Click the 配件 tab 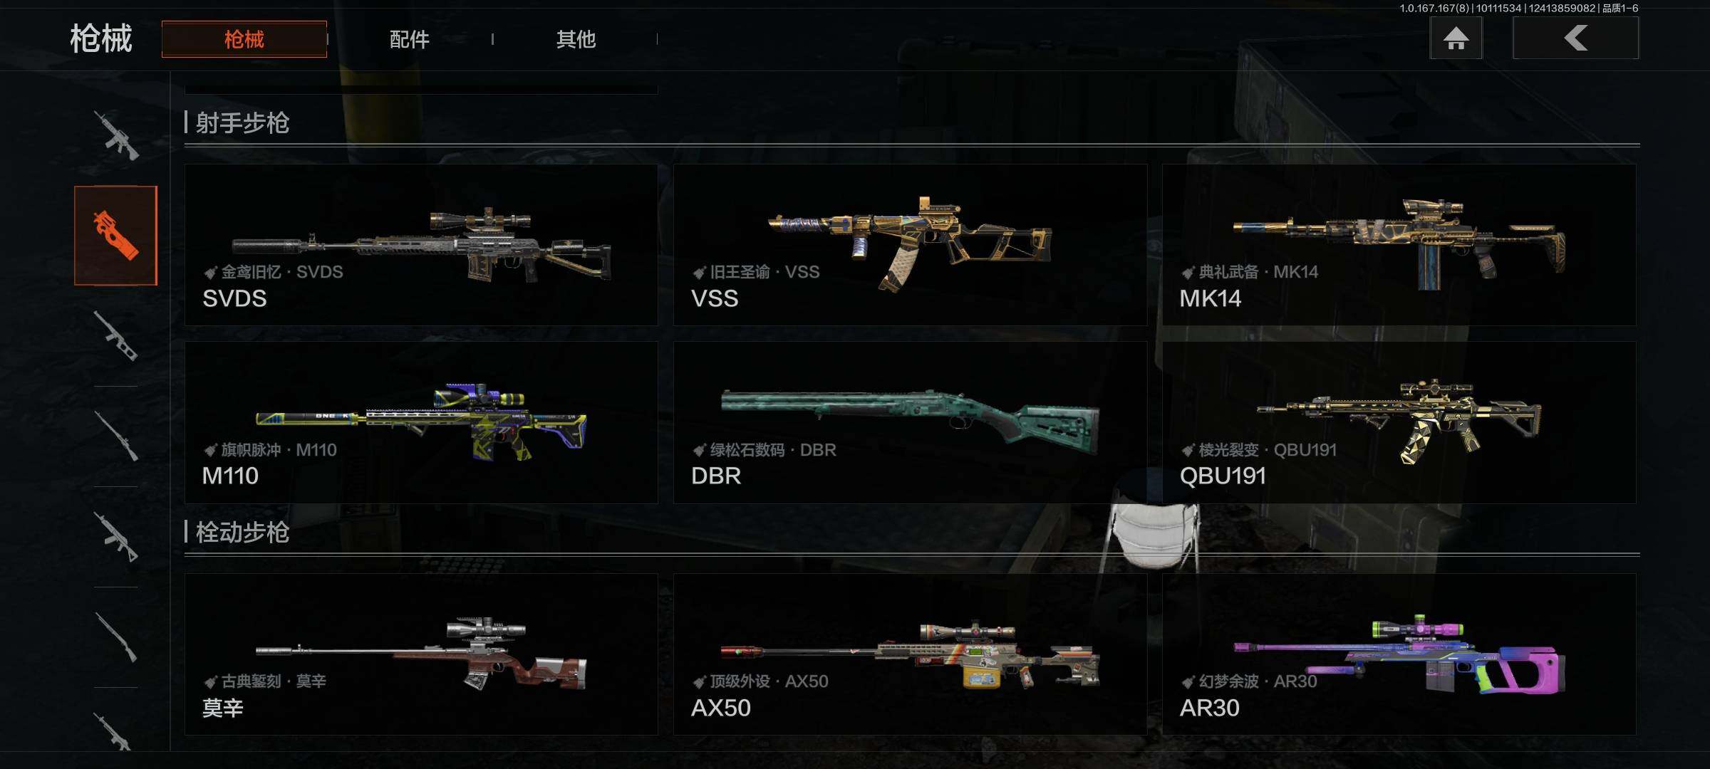click(x=410, y=39)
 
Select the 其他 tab click(x=576, y=39)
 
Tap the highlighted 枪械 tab click(x=244, y=39)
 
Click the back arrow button click(x=1576, y=38)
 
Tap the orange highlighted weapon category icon click(x=115, y=236)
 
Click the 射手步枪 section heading click(x=242, y=123)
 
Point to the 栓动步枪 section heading click(x=242, y=533)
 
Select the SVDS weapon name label click(x=234, y=298)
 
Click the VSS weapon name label click(x=715, y=298)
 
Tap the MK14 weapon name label click(x=1211, y=298)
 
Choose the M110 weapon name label click(x=230, y=476)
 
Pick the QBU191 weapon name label click(x=1223, y=476)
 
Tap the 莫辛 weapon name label click(x=223, y=708)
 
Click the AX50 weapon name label click(x=721, y=708)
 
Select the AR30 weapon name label click(x=1210, y=708)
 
